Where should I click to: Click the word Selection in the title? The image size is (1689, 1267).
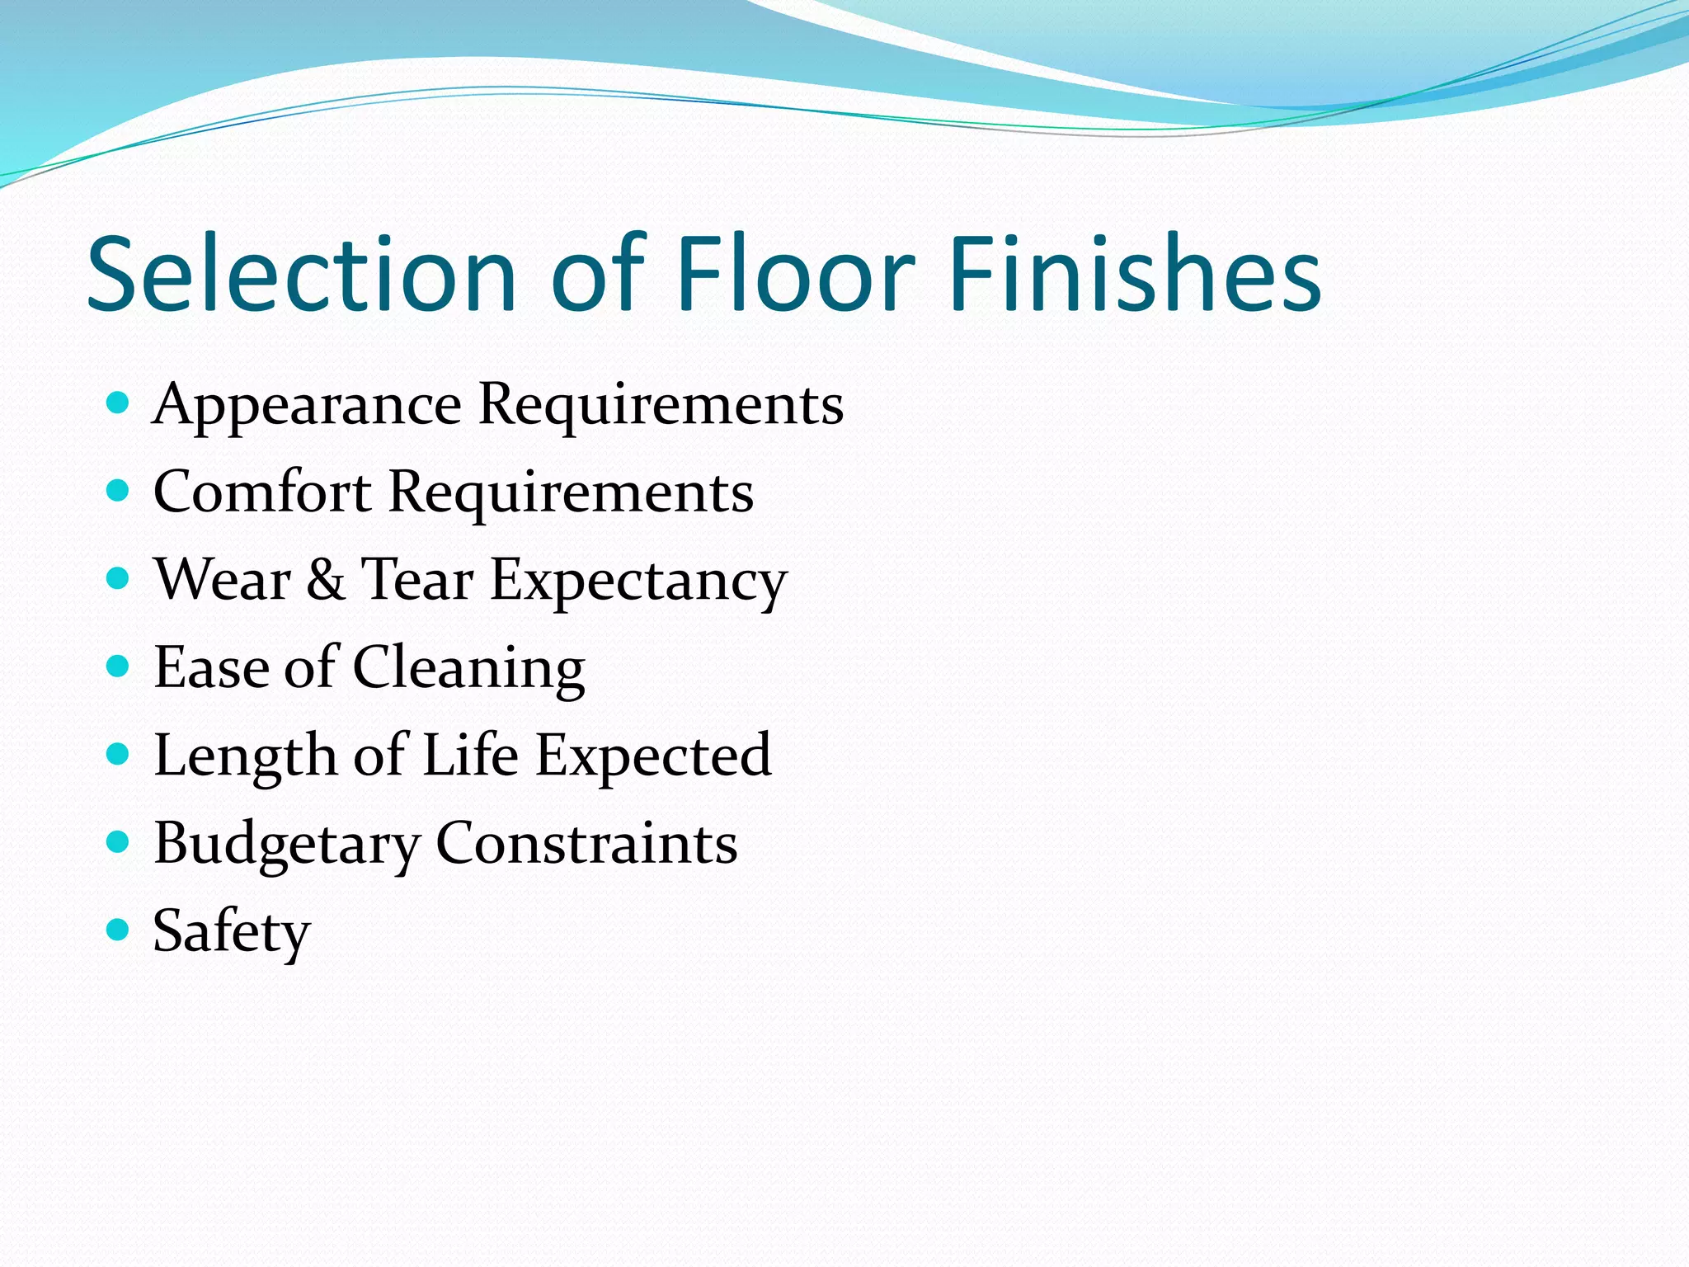point(302,274)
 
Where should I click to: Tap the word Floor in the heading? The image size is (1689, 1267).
point(795,274)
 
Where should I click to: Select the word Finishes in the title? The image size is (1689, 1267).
point(1135,274)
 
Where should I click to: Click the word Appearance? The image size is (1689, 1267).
point(307,406)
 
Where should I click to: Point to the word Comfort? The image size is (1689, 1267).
point(262,492)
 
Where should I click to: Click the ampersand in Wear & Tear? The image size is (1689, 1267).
point(326,579)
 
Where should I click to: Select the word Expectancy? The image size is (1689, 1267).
point(639,582)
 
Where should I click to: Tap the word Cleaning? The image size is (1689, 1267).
point(468,668)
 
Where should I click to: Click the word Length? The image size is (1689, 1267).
point(245,757)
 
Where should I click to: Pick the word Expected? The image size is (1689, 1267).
point(653,757)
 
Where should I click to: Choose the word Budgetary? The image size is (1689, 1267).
point(287,845)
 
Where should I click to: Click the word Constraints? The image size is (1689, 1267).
point(586,843)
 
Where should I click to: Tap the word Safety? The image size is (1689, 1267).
point(232,932)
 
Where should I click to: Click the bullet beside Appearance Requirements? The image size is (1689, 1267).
point(119,403)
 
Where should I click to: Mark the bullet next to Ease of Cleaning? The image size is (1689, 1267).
point(119,666)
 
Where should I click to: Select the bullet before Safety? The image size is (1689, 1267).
point(119,930)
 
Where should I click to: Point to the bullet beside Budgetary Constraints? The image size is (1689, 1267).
point(119,841)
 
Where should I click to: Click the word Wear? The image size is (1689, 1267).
point(223,579)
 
